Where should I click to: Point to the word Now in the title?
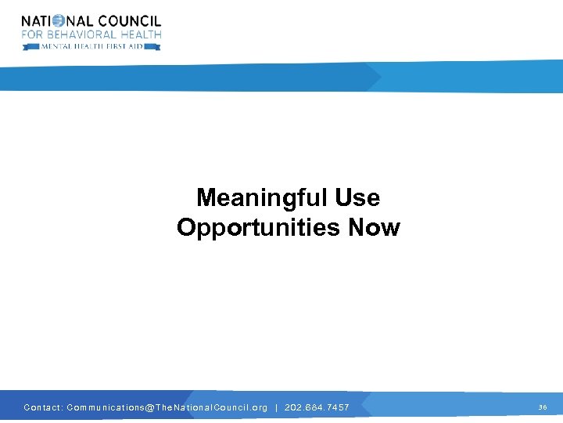tap(374, 228)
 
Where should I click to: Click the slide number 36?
tap(543, 407)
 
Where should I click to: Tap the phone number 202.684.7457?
tap(317, 407)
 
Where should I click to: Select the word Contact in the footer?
tap(42, 407)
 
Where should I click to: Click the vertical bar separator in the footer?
tap(277, 407)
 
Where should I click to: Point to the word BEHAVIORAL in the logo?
tap(79, 34)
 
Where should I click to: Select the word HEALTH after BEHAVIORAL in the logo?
tap(139, 34)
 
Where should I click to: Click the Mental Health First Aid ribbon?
tap(91, 46)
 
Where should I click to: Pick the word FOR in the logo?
tap(31, 34)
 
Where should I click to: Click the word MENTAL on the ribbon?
tap(57, 46)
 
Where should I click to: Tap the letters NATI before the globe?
tap(36, 21)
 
